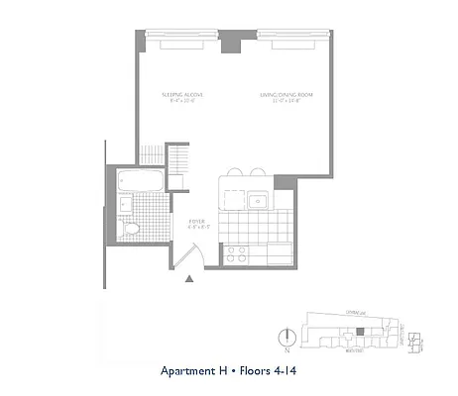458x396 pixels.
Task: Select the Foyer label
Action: pos(197,224)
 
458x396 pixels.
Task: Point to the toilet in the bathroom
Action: pos(130,229)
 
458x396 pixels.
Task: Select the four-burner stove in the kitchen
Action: pos(238,253)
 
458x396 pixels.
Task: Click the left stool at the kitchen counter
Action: pos(234,171)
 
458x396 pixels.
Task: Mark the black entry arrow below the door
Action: pos(188,281)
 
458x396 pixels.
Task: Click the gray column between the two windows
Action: pos(232,41)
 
